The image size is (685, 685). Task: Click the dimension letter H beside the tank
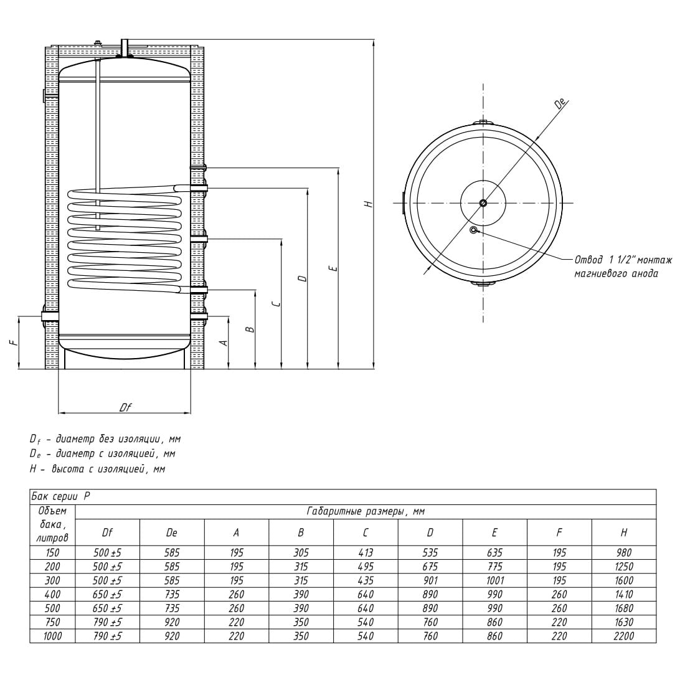click(369, 204)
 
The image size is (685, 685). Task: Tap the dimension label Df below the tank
click(125, 407)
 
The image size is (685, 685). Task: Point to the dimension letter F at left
click(14, 343)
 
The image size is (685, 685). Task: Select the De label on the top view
click(560, 104)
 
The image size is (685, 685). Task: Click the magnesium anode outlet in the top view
click(473, 230)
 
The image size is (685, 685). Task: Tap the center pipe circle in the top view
click(483, 203)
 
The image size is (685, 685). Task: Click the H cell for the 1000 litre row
click(623, 636)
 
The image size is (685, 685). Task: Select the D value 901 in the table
click(430, 580)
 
